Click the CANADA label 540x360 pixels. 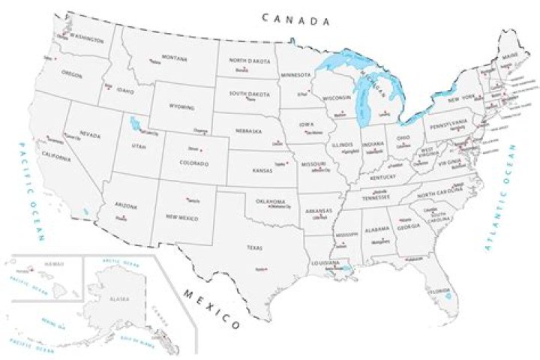tap(295, 19)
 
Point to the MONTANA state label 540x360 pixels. tap(174, 58)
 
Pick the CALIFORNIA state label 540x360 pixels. tap(57, 157)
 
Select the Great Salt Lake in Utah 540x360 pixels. tap(135, 122)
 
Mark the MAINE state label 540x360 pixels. tap(510, 55)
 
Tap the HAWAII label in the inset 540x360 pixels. tap(52, 264)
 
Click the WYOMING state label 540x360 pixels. tap(182, 107)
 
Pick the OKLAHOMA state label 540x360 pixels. tap(271, 201)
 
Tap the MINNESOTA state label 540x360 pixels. tap(295, 75)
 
